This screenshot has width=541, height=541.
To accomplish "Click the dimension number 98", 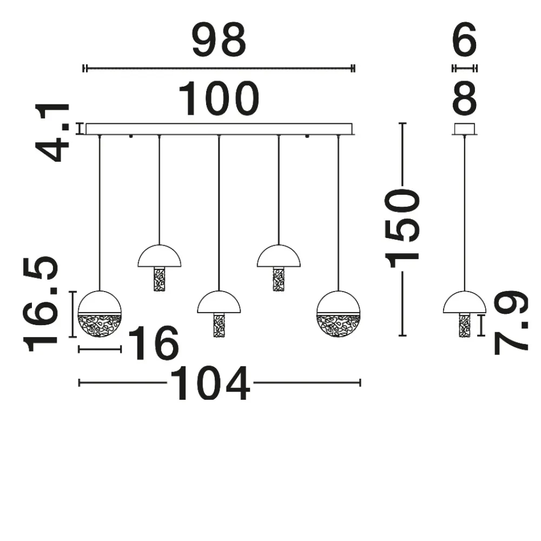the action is tap(219, 41).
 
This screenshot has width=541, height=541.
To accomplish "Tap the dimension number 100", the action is tap(219, 99).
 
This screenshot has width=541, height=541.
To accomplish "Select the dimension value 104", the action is tap(210, 383).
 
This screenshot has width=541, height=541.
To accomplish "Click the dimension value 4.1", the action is tap(52, 133).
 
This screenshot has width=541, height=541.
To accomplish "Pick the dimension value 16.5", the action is tap(41, 304).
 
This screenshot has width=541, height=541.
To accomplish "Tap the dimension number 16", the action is tap(153, 343).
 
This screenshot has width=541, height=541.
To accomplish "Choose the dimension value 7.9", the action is tap(511, 322).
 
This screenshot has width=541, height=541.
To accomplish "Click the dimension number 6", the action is tap(464, 41).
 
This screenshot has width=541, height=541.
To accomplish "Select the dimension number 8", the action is tap(464, 99).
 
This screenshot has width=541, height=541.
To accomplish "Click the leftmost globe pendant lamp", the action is tap(100, 314).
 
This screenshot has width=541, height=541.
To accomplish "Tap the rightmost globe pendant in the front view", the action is tap(338, 314).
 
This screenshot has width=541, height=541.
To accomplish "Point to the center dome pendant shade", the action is tap(219, 302).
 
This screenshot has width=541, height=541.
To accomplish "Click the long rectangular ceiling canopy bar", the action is tap(219, 129).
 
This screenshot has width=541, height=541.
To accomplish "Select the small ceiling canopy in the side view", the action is tap(464, 129).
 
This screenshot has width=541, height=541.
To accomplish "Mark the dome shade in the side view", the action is tap(464, 302).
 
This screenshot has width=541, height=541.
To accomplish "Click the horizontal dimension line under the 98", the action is tap(219, 68).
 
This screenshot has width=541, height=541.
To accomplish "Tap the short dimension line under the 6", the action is tap(464, 68).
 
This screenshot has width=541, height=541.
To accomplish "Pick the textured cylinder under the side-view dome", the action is tap(464, 325).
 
